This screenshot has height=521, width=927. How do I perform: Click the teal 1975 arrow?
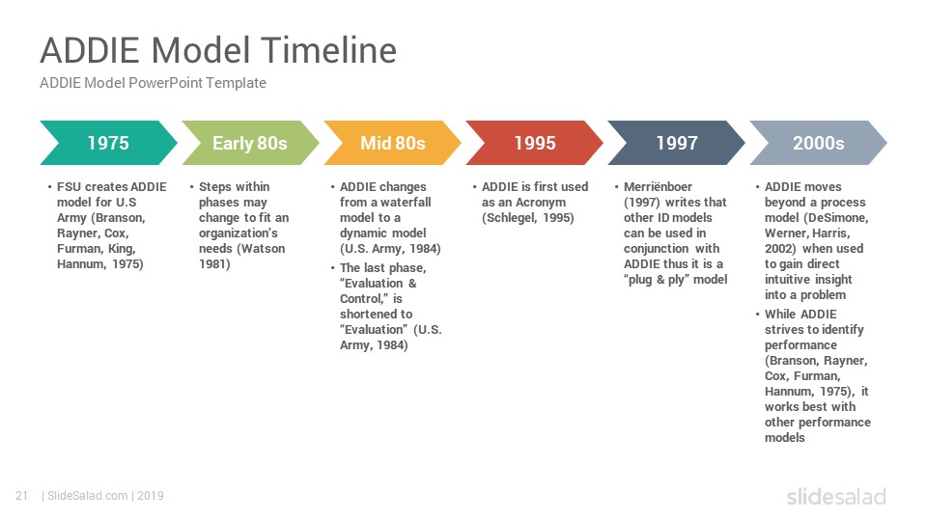click(109, 143)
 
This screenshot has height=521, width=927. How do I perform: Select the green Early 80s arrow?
click(251, 143)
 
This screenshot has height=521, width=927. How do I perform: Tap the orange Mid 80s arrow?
click(393, 143)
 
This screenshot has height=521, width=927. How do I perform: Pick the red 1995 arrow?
click(534, 143)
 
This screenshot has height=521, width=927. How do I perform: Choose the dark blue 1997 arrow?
click(676, 143)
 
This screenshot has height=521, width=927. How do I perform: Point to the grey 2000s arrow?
click(818, 143)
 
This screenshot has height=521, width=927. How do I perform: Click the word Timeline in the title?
click(328, 49)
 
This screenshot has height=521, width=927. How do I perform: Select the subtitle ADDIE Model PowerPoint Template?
click(153, 83)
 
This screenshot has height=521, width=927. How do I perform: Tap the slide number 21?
click(22, 496)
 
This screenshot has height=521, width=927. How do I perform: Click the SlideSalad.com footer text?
click(88, 496)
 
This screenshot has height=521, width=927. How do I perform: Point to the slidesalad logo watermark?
click(836, 496)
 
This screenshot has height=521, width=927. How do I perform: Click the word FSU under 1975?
click(69, 186)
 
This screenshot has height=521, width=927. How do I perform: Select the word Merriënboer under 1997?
click(658, 186)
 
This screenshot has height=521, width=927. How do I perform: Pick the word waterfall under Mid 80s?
click(406, 202)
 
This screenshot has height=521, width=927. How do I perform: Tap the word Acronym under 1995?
click(541, 202)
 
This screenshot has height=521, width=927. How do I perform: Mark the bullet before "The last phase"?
click(333, 268)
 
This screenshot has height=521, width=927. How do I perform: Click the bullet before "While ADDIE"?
click(757, 315)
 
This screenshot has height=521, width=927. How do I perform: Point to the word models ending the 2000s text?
click(784, 438)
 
